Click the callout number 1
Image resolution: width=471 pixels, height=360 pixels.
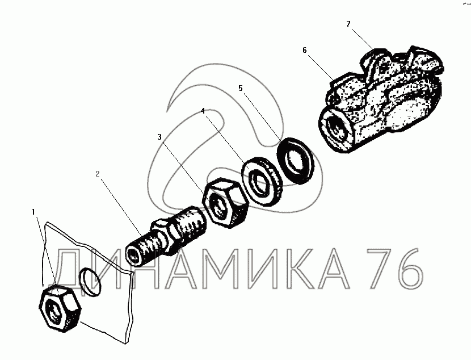click(x=33, y=212)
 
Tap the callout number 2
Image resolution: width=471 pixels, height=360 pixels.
click(x=98, y=174)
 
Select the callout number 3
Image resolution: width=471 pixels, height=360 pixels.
click(x=159, y=137)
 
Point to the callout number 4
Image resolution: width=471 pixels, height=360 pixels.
click(x=203, y=111)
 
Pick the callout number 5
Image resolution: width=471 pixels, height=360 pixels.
click(x=240, y=89)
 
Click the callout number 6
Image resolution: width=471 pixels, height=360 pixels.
click(x=305, y=50)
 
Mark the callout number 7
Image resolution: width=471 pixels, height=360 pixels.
click(x=348, y=24)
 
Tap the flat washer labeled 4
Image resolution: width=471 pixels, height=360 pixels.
click(x=262, y=181)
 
